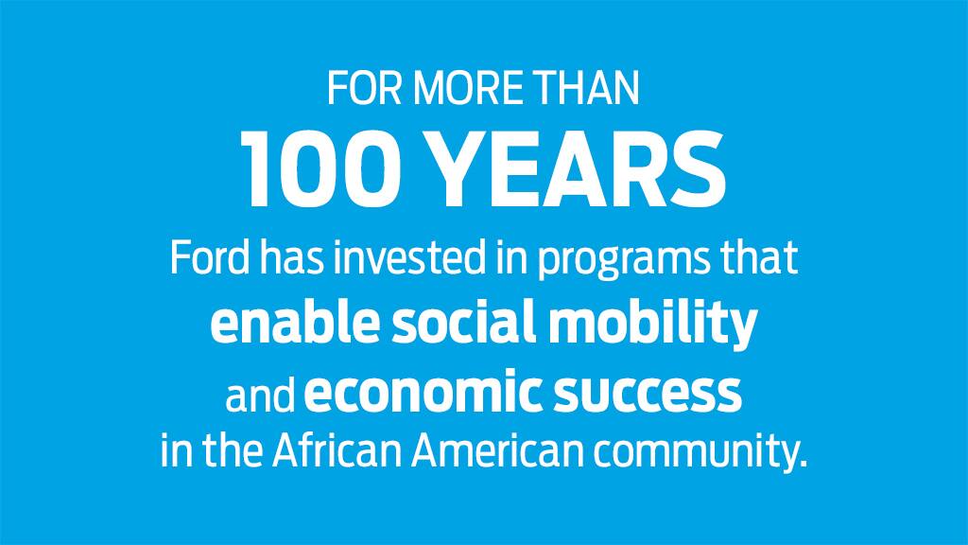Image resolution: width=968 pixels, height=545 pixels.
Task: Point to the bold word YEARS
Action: tap(578, 169)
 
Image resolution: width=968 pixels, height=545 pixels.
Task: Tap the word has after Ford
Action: tap(291, 257)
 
